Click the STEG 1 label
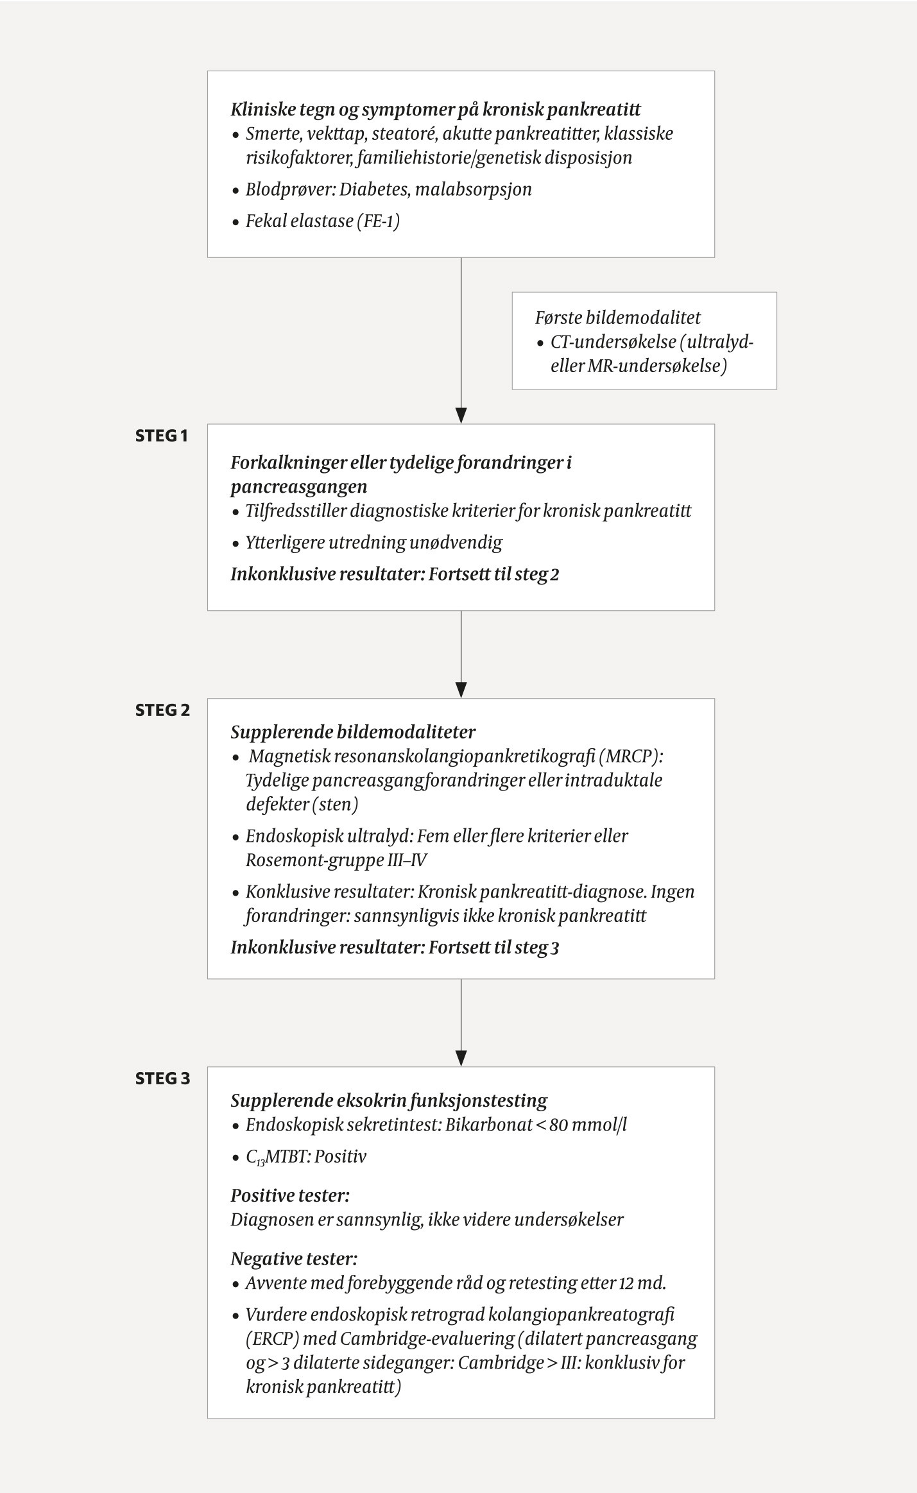(162, 436)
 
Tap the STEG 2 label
(162, 710)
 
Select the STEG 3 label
(162, 1079)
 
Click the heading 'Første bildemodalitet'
(618, 318)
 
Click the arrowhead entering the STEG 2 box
(461, 690)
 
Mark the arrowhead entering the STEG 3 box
(461, 1058)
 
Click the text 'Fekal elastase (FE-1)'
(322, 221)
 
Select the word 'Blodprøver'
(289, 190)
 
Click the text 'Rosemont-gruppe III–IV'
(336, 860)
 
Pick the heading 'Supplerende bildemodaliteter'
(353, 732)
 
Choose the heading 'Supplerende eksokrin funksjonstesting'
(389, 1101)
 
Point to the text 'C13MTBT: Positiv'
(306, 1157)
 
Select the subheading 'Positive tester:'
(290, 1196)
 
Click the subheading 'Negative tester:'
(294, 1259)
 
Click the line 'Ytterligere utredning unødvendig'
(373, 543)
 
